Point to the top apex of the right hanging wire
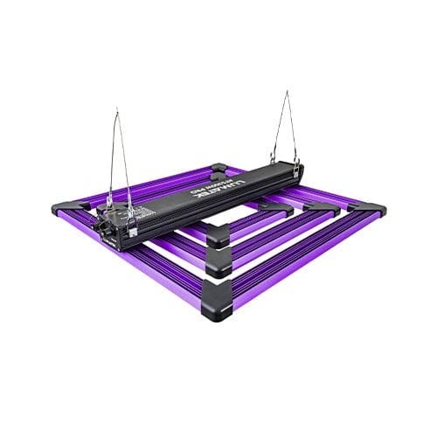point(288,91)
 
